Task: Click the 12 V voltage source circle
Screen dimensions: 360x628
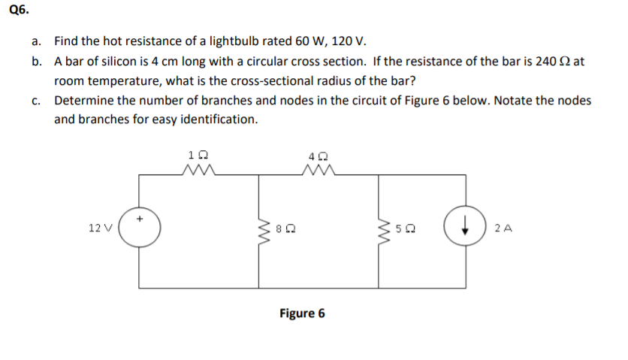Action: click(139, 229)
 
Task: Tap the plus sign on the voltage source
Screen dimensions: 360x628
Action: click(140, 219)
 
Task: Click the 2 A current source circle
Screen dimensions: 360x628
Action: click(460, 229)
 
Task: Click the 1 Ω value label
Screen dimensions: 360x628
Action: click(198, 155)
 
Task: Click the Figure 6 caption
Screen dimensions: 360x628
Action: click(302, 313)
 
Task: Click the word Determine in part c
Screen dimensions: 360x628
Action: click(83, 101)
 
